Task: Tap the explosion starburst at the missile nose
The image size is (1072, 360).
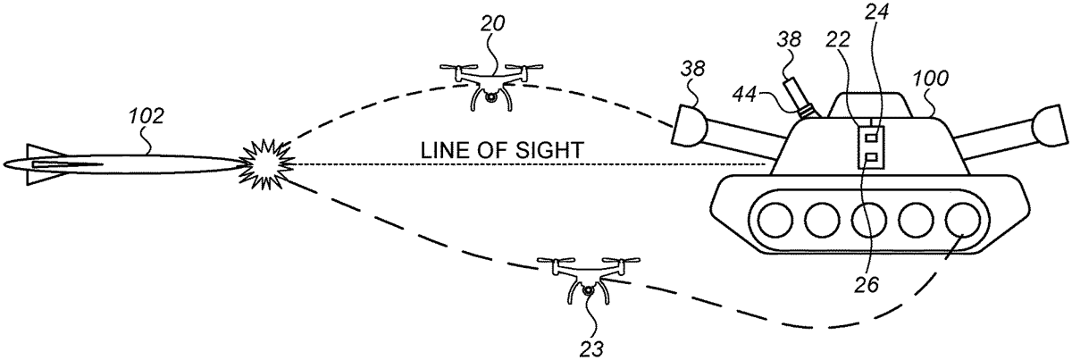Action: (x=264, y=164)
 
